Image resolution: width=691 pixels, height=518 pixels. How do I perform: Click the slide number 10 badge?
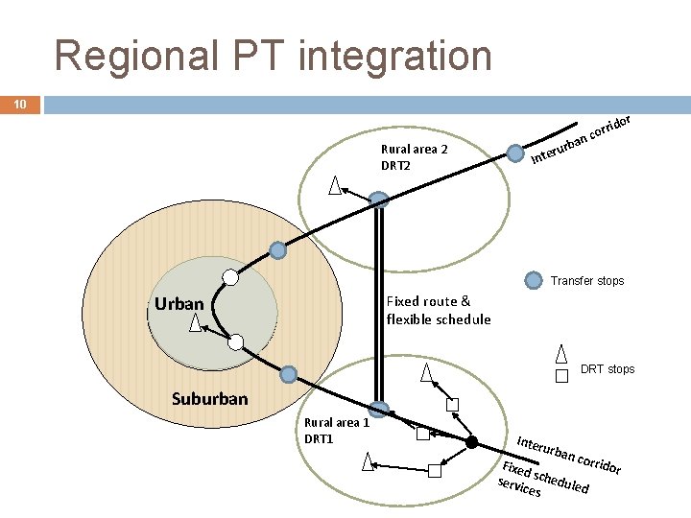[x=20, y=104]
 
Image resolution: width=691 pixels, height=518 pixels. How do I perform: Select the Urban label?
[x=179, y=304]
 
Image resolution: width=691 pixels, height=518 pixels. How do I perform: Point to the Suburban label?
[x=209, y=398]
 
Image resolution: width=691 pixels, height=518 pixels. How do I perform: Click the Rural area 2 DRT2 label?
[x=414, y=157]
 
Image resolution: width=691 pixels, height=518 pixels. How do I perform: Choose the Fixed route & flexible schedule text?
[x=438, y=310]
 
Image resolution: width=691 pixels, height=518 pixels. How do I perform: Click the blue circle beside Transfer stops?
[x=534, y=281]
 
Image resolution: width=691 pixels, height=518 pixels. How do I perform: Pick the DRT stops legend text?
[x=608, y=369]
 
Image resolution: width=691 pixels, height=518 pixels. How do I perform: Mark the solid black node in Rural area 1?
[x=472, y=442]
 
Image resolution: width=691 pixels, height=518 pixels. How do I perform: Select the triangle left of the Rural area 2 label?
[x=335, y=184]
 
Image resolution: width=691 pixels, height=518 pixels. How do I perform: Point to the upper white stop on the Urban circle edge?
[x=229, y=277]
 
